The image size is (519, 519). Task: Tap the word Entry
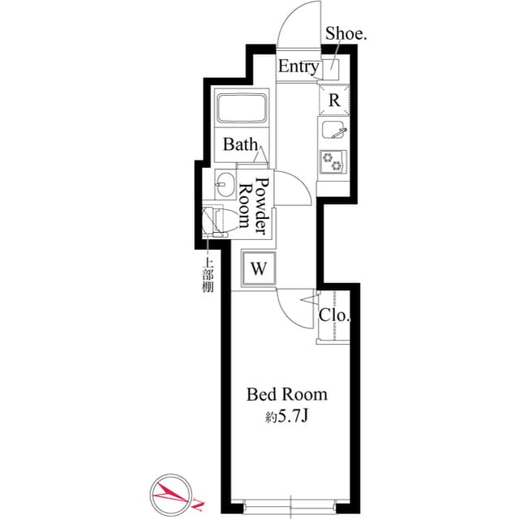[298, 67]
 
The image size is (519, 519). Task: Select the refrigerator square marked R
[334, 100]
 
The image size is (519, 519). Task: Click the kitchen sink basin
[333, 131]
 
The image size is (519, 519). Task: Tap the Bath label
[240, 145]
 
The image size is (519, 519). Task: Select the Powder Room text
[252, 206]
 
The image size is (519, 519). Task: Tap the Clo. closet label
[333, 315]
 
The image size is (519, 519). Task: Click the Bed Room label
[287, 395]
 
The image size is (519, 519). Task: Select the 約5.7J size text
[287, 418]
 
